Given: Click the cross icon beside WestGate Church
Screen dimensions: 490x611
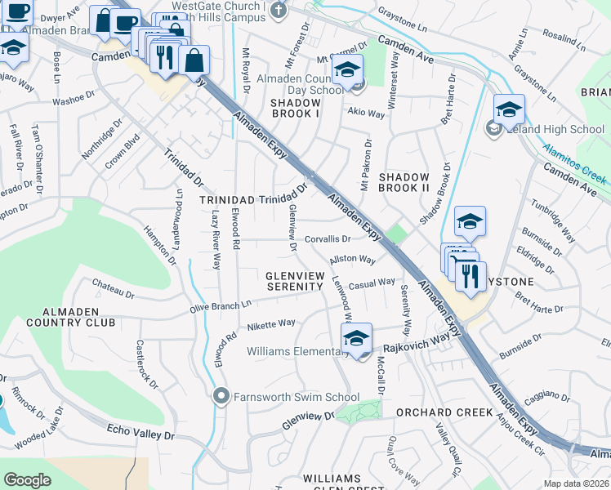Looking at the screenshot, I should [x=279, y=10].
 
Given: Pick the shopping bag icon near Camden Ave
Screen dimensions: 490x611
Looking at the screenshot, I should [x=194, y=60].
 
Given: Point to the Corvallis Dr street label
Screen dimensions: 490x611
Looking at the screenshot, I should [x=328, y=239].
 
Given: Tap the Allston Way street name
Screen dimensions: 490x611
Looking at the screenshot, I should [x=352, y=261].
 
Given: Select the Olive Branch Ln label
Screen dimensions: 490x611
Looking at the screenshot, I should [x=220, y=305].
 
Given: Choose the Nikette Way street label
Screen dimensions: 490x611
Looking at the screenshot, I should [x=271, y=323].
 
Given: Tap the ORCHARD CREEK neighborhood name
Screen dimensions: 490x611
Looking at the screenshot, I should [x=444, y=412].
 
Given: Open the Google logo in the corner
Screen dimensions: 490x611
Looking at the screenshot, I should [x=27, y=479].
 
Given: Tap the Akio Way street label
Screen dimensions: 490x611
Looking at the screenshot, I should [x=366, y=114].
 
